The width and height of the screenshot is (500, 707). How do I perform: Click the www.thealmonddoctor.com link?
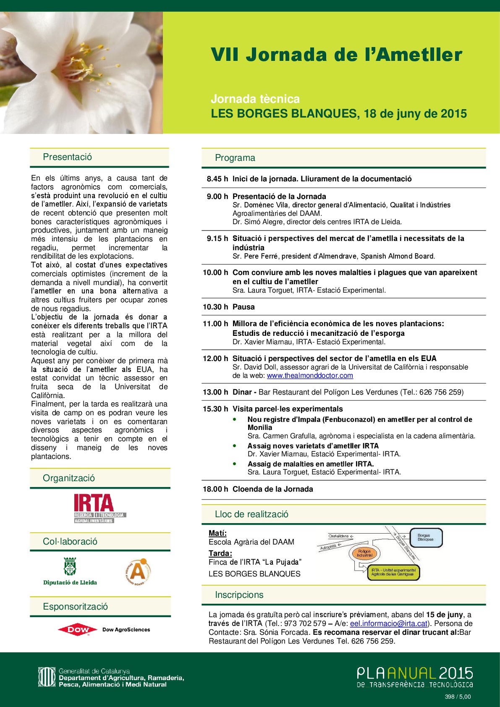[x=310, y=375]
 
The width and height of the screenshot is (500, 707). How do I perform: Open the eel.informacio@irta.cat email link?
[x=389, y=623]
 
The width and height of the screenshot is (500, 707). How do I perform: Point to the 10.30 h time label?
[x=215, y=307]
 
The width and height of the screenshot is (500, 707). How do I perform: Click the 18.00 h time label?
[x=215, y=489]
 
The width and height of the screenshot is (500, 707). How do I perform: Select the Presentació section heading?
[x=67, y=157]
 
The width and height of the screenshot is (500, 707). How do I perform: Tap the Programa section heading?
[x=235, y=158]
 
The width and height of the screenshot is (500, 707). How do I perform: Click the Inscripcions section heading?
[x=239, y=595]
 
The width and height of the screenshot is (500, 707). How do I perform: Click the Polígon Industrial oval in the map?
[x=364, y=553]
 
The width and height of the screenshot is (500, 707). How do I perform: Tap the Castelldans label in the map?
[x=338, y=536]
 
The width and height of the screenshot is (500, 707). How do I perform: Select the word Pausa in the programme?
[x=243, y=307]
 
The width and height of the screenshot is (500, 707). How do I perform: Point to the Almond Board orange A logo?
[x=138, y=571]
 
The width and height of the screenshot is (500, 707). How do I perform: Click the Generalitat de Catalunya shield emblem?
[x=47, y=677]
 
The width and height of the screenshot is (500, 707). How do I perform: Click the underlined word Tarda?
[x=220, y=553]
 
